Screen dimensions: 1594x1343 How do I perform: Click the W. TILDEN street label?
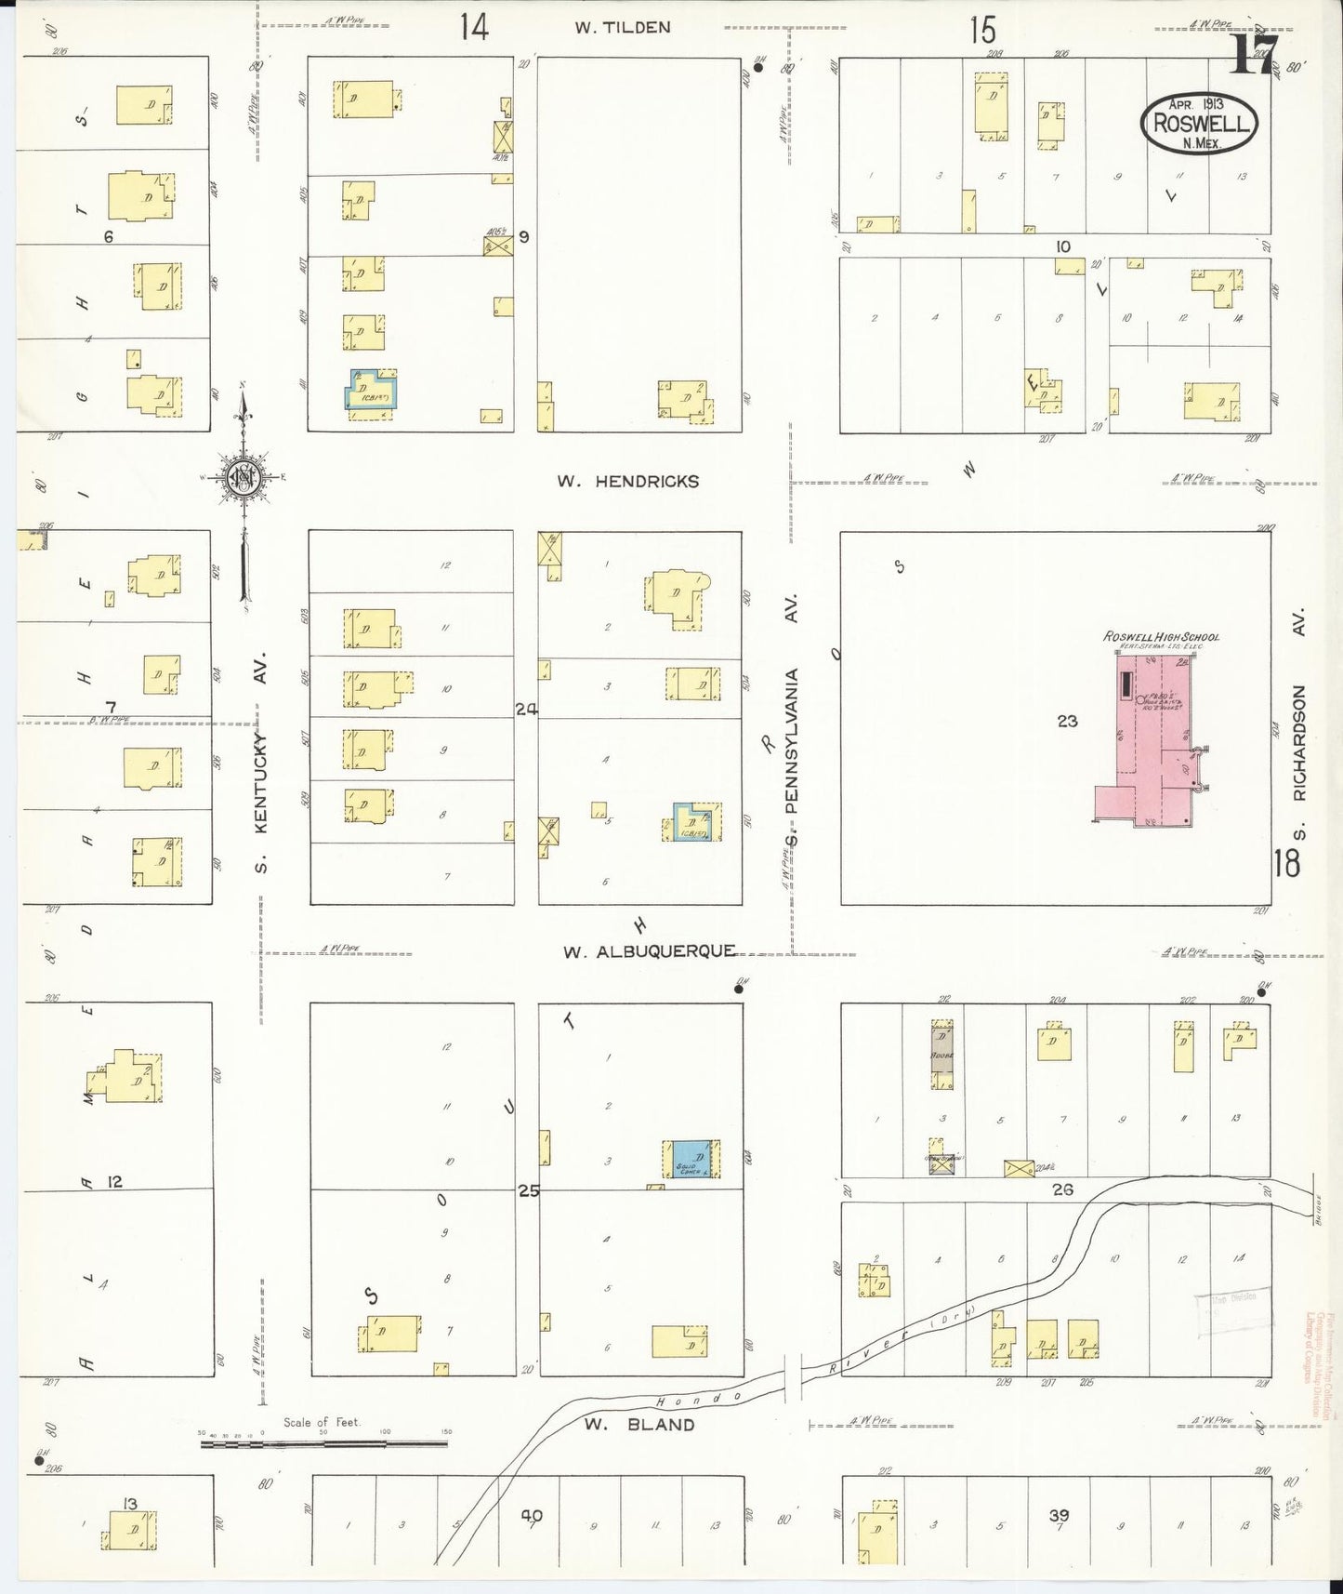coord(622,28)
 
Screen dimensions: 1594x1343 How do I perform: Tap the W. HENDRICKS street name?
coord(627,481)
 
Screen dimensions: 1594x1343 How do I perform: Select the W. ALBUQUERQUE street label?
coord(649,951)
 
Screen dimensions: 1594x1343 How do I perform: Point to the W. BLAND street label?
coord(639,1424)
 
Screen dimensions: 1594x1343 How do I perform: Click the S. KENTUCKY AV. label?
coord(261,763)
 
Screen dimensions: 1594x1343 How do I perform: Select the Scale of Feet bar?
coord(323,1443)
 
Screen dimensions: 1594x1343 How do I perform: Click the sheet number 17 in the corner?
coord(1256,54)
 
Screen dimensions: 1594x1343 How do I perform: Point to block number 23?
coord(1067,720)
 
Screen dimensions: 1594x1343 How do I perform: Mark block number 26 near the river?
coord(1062,1189)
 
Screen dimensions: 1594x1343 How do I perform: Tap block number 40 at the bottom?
coord(531,1516)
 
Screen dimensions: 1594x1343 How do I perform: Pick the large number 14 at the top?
coord(473,28)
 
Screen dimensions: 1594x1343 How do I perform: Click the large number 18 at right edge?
coord(1287,864)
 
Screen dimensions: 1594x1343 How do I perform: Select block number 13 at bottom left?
coord(129,1504)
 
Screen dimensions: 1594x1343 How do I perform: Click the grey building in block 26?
coord(942,1054)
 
